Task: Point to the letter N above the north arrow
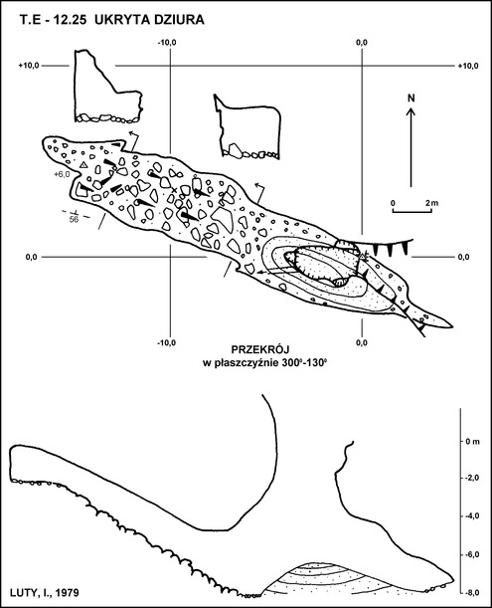click(x=411, y=99)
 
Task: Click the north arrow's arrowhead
click(x=411, y=111)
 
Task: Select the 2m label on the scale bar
click(x=432, y=203)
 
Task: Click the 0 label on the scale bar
click(x=393, y=203)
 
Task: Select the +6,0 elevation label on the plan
click(x=62, y=174)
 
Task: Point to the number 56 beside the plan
click(x=74, y=220)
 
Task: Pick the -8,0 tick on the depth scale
click(x=473, y=592)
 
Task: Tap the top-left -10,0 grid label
click(x=167, y=43)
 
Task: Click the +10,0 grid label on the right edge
click(x=468, y=66)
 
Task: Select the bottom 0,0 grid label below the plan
click(x=362, y=342)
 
